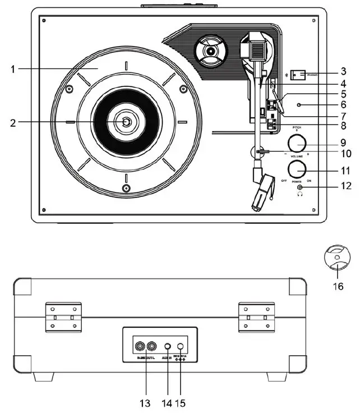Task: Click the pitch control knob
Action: [298, 144]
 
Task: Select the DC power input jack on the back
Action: [181, 347]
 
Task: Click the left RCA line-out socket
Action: [138, 346]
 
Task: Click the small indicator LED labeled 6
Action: [301, 104]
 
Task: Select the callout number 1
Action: [12, 69]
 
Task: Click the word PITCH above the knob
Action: [297, 128]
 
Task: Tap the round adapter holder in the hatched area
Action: [210, 52]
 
